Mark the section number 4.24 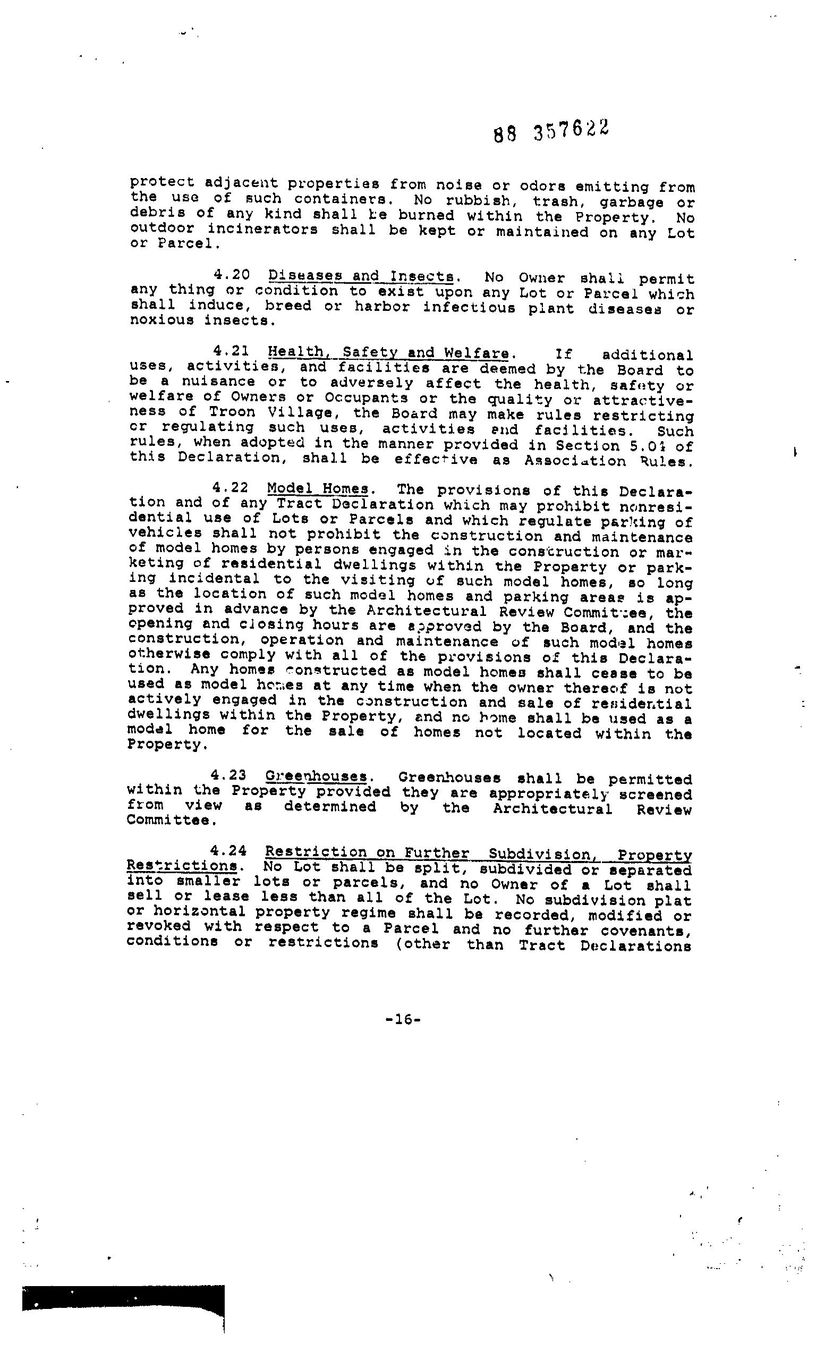tap(228, 851)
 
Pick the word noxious tap(161, 320)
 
